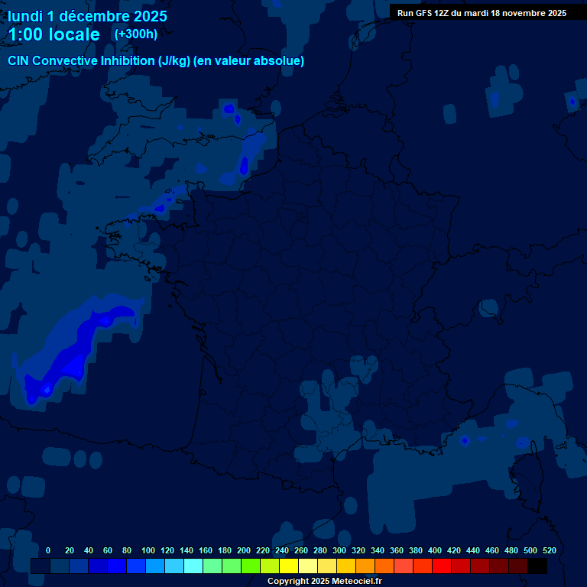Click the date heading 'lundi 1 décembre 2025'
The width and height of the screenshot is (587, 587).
click(87, 16)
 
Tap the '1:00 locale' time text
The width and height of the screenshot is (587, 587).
click(54, 34)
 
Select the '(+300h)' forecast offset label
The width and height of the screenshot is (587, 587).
click(135, 34)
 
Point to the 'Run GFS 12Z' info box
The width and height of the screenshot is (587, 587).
click(482, 13)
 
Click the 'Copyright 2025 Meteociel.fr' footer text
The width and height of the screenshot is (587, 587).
click(324, 581)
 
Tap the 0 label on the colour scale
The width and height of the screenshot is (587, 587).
click(48, 550)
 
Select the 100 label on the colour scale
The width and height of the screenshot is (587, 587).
click(148, 550)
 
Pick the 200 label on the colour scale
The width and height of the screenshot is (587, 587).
click(244, 550)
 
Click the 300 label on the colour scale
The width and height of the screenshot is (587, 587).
click(339, 550)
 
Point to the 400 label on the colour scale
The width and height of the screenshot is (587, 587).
click(435, 550)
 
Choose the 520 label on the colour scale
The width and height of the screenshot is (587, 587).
click(549, 550)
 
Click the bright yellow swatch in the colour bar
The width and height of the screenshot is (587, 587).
click(289, 566)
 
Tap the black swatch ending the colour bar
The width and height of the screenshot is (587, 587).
click(537, 566)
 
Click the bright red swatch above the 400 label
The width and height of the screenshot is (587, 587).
click(442, 566)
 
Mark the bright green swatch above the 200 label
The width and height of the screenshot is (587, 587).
click(251, 566)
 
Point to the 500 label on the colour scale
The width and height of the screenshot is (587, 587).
click(530, 550)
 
